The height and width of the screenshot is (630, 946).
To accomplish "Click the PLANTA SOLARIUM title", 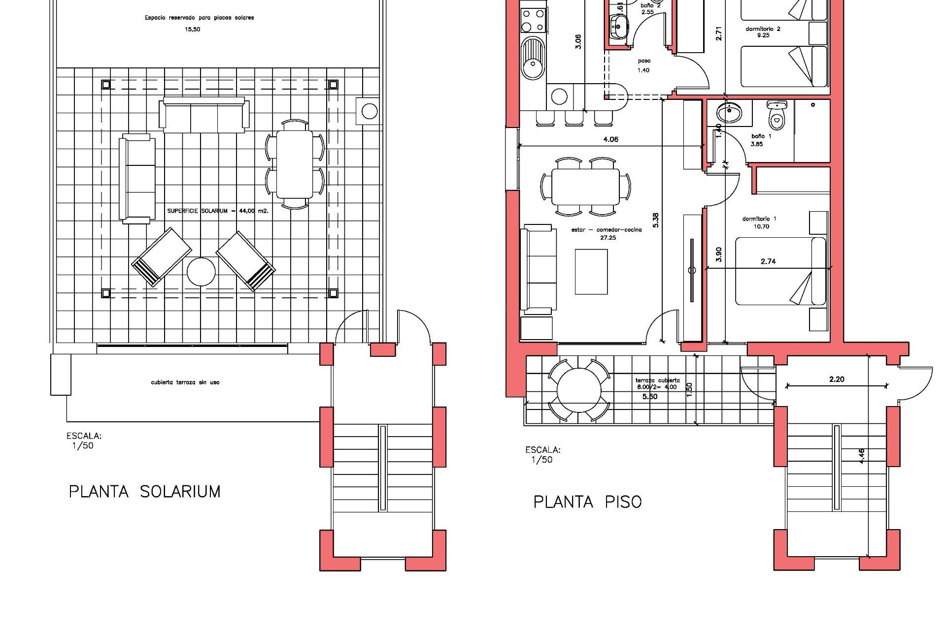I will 144,491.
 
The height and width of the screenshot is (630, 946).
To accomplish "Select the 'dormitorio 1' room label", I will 759,219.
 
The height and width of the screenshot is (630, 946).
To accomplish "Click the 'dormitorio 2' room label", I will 763,29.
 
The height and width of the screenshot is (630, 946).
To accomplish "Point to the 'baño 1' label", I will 761,136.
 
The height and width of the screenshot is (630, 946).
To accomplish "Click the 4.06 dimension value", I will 610,139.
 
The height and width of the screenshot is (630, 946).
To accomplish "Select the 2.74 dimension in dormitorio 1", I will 768,261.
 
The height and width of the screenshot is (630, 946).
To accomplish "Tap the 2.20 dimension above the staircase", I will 837,379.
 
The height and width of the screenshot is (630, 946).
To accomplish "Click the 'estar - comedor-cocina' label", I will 607,230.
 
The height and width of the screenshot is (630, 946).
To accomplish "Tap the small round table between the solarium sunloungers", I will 201,272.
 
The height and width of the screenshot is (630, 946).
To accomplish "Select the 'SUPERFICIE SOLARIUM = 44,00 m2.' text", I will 217,211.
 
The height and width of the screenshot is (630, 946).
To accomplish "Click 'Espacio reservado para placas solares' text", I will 199,18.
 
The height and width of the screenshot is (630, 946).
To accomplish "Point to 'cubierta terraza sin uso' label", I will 185,382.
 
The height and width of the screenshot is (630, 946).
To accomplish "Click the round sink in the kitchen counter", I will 533,64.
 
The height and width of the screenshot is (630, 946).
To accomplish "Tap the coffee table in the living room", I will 591,272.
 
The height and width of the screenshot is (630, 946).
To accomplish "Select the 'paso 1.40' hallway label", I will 643,65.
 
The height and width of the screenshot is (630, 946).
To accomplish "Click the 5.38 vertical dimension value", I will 655,220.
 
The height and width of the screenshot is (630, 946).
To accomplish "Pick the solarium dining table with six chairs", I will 295,163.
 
